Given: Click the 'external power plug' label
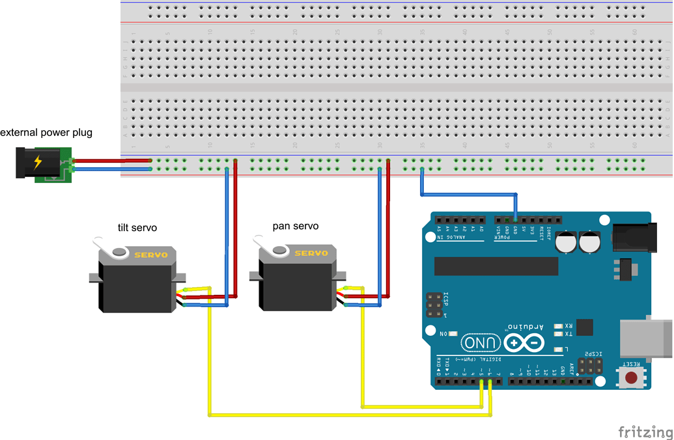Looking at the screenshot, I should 46,133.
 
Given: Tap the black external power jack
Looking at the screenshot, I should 29,163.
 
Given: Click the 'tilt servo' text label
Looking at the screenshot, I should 133,228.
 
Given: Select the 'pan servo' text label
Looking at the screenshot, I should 295,226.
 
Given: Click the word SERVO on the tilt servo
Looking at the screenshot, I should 151,255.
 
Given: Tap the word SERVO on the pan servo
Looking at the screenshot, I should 312,254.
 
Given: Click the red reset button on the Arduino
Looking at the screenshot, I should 631,378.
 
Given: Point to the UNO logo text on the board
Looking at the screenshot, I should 481,342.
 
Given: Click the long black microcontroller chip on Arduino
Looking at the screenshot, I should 496,266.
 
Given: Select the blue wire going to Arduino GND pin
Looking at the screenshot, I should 469,193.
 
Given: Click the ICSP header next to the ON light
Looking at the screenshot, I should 434,305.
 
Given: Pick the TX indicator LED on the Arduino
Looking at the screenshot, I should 557,334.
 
